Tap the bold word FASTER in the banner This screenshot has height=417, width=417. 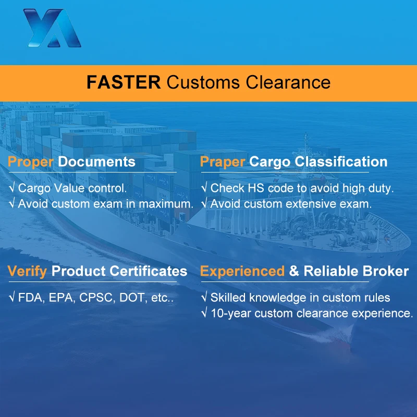click(124, 82)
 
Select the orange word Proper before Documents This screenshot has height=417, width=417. click(31, 162)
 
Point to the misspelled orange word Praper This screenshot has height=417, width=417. click(223, 162)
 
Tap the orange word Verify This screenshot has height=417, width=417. click(28, 271)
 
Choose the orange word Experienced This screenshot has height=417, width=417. click(242, 271)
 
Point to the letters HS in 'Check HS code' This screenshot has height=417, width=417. click(252, 188)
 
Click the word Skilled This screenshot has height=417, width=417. click(228, 298)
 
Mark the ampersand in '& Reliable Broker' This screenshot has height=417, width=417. click(294, 271)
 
